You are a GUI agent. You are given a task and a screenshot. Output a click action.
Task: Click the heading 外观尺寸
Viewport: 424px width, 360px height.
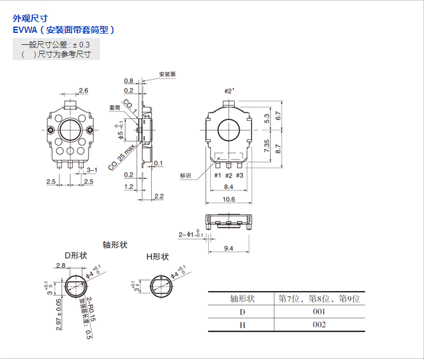30,18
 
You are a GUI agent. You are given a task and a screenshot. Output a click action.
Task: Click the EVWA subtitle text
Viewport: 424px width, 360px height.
63,30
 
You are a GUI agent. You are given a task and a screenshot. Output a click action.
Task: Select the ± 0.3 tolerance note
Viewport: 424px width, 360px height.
80,45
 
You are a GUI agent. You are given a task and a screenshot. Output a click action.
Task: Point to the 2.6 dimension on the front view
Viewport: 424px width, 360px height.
83,91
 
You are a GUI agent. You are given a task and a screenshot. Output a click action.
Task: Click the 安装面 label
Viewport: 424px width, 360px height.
166,74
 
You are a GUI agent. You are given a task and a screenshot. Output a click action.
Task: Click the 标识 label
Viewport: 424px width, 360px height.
185,175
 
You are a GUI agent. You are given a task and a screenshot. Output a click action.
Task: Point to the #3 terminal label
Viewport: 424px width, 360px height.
240,175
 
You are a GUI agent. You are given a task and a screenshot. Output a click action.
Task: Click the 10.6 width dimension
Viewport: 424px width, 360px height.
228,199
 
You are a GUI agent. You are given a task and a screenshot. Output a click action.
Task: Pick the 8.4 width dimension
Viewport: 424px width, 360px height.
228,187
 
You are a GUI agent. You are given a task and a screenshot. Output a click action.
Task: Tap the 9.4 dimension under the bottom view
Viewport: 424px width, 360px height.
228,248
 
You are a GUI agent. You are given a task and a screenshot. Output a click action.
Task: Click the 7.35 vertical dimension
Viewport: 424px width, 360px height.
268,146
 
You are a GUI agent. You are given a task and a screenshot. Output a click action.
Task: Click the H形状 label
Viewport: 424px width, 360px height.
158,256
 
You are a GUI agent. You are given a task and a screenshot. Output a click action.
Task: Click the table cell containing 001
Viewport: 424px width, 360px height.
319,312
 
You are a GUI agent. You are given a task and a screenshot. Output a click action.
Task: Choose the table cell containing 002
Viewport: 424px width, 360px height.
319,325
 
